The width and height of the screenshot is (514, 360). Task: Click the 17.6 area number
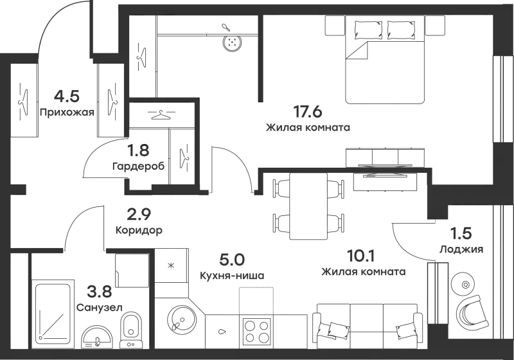coord(308,112)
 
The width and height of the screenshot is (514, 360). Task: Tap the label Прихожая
coord(67,113)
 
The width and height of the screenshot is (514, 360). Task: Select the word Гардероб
coord(138,166)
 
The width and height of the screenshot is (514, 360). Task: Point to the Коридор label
coord(139,231)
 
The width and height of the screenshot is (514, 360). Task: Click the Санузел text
coord(100,307)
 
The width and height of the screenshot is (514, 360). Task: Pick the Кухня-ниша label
coord(232,276)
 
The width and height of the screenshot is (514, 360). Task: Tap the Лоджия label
coord(461,249)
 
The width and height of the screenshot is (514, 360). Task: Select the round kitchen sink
coord(182,318)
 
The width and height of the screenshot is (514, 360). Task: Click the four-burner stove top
coord(256,332)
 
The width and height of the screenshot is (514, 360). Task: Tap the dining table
coord(308,206)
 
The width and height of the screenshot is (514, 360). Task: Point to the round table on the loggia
coord(463,283)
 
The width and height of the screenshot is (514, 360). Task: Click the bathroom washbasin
coord(97,337)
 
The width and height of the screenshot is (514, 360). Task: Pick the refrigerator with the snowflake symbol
coord(171,265)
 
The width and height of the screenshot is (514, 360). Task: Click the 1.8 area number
coord(138,150)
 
